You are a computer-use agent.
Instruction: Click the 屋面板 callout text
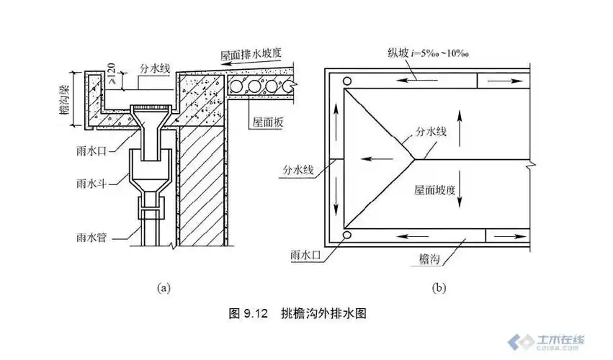pyautogui.click(x=267, y=123)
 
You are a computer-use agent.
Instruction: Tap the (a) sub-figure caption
pyautogui.click(x=164, y=288)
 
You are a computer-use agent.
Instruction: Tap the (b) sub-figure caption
pyautogui.click(x=439, y=288)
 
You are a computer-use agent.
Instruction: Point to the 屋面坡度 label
pyautogui.click(x=434, y=191)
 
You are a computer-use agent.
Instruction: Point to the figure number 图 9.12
pyautogui.click(x=248, y=314)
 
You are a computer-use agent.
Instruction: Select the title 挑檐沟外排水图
pyautogui.click(x=325, y=314)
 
